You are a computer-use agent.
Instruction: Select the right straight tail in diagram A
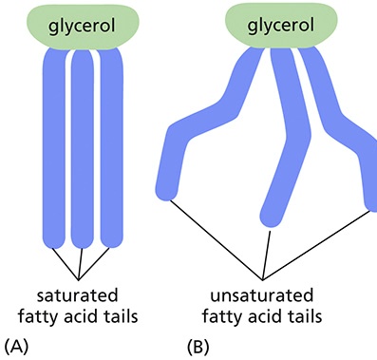click(114, 142)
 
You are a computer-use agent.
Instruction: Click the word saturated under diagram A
click(81, 294)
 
